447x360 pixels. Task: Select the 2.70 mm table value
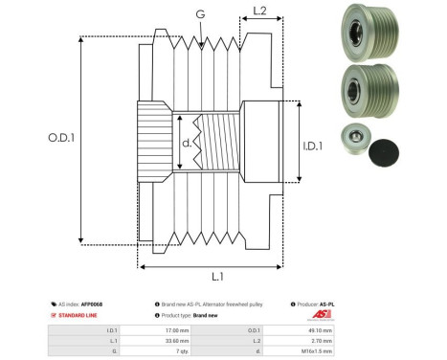click(x=322, y=340)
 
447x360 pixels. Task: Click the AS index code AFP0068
click(x=91, y=304)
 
